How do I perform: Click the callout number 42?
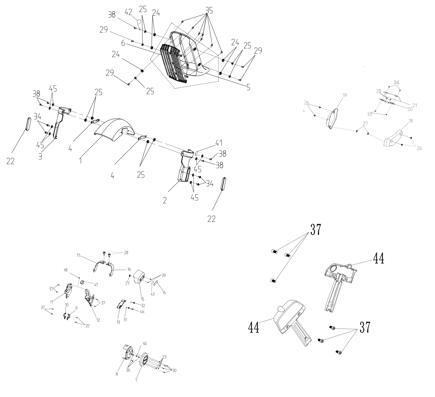tap(128, 12)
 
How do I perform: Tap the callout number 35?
tap(209, 10)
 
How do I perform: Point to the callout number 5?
tap(248, 87)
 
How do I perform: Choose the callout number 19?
tap(345, 95)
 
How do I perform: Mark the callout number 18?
tap(411, 121)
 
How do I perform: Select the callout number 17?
tap(79, 255)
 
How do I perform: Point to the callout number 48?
tap(66, 270)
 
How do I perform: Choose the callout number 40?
tap(145, 343)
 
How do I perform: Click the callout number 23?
tap(164, 357)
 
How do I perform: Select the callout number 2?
tap(165, 200)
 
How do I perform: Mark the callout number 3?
tap(40, 157)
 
